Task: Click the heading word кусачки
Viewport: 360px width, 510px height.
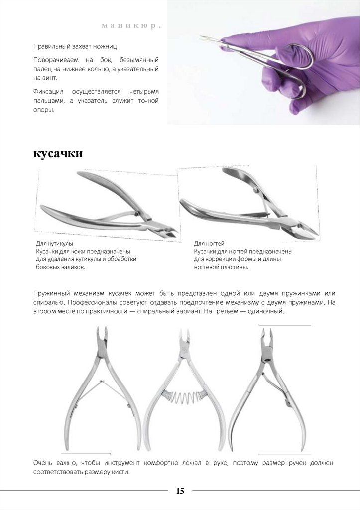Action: [x=58, y=154]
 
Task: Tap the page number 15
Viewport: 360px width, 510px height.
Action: [x=180, y=491]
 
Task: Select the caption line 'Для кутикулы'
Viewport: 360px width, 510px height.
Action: [x=55, y=244]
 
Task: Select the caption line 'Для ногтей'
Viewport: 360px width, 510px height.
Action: [x=209, y=244]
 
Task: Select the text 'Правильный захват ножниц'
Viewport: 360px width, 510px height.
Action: [x=75, y=47]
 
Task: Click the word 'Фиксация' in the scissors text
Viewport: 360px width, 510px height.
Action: [x=48, y=92]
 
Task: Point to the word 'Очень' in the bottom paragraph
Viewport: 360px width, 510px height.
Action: [x=43, y=463]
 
